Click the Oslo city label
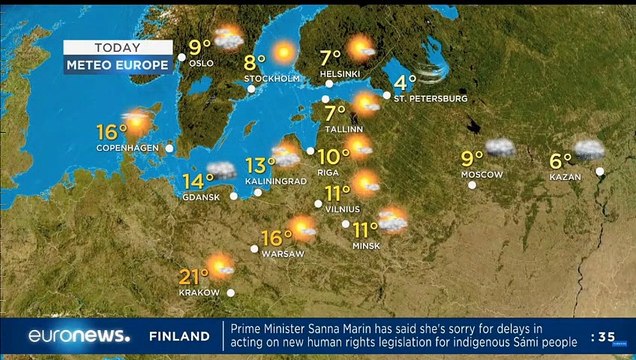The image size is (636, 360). coord(201,63)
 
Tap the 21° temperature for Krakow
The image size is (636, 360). coord(193,276)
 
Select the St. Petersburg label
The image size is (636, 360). coord(430,98)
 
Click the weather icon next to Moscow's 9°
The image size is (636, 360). coord(499,149)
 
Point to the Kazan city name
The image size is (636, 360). coord(565,177)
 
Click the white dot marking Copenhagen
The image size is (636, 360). coord(169,148)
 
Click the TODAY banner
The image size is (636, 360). coord(118,47)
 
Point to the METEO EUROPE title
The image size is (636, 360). coord(118,65)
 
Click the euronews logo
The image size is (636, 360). coord(78,336)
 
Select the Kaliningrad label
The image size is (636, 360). coord(275,181)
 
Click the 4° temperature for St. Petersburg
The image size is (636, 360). coord(405,82)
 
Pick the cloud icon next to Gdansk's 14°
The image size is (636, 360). coord(221,170)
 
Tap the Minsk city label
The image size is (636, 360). coord(365,245)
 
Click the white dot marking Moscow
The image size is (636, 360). coord(472,184)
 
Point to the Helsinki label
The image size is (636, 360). coord(340,74)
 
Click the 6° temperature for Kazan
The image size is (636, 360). coord(560,159)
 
